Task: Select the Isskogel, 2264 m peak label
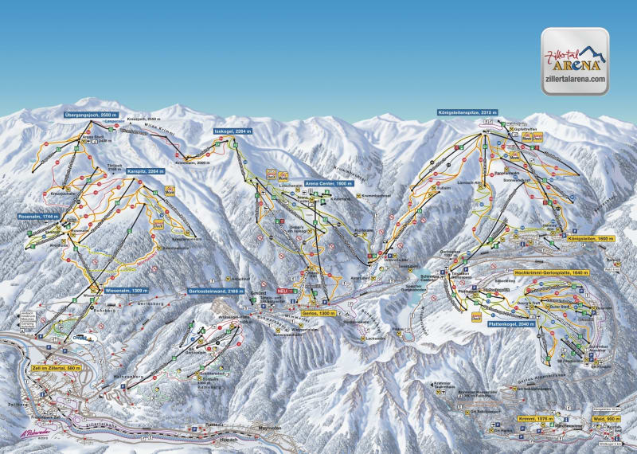[x=233, y=131]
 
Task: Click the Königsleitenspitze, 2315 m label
[x=472, y=112]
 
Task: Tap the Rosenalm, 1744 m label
[x=42, y=216]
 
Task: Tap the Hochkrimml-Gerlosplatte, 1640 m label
[x=553, y=272]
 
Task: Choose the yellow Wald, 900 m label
[x=607, y=417]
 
